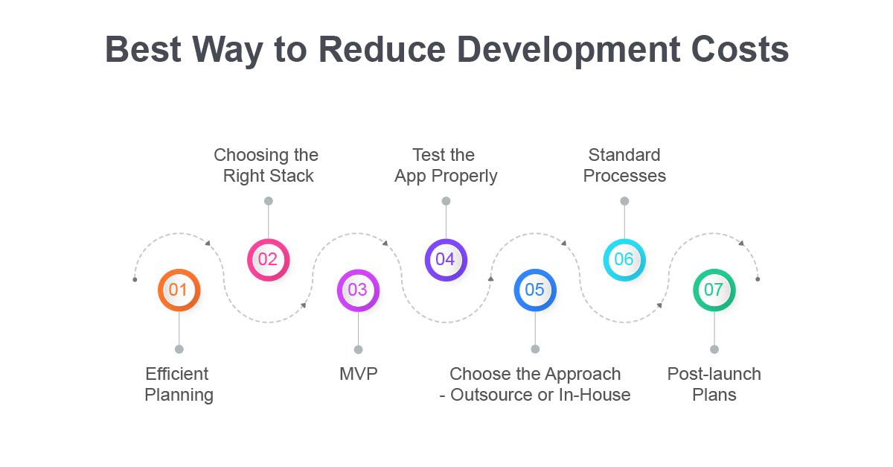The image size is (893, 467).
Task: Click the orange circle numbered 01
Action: [x=179, y=290]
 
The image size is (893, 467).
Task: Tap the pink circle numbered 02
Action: [x=269, y=260]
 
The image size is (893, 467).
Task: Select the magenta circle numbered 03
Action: [x=358, y=290]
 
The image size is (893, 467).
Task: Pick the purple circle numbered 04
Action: [x=446, y=260]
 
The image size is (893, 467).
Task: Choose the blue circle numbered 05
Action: [x=535, y=290]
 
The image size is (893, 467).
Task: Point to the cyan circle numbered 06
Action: [x=624, y=260]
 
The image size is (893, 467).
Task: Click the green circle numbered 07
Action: [x=714, y=290]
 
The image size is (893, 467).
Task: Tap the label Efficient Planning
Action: [x=179, y=385]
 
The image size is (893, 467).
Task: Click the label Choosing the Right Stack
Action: [x=266, y=165]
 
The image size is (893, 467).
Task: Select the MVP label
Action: [x=359, y=374]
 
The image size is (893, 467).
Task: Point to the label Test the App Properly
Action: [x=446, y=165]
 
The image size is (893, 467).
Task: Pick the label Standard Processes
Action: [x=624, y=165]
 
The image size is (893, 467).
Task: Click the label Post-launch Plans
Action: [x=714, y=384]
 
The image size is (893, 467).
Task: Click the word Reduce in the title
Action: [x=382, y=49]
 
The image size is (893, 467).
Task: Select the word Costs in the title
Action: [x=740, y=49]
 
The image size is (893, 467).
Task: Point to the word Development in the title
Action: [x=568, y=51]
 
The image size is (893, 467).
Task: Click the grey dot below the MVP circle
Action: [x=359, y=349]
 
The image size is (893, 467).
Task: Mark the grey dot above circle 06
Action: [x=624, y=201]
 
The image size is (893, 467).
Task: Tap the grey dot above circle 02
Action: [x=269, y=201]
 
